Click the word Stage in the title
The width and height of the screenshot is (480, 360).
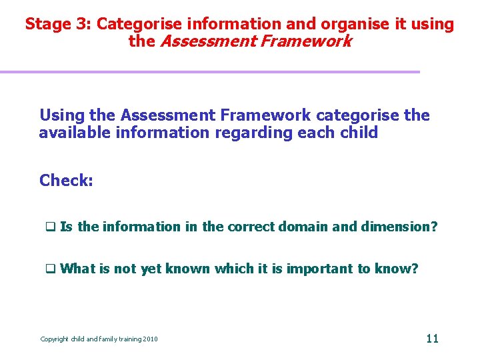point(47,25)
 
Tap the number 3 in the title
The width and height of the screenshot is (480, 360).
point(81,25)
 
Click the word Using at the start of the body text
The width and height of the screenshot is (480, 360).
point(61,115)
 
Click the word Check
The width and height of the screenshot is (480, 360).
point(65,180)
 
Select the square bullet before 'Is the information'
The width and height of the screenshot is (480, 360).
point(49,227)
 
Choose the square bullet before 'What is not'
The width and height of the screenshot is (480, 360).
point(49,269)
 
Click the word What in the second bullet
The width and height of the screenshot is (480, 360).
point(78,269)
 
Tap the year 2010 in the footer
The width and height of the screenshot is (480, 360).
point(150,339)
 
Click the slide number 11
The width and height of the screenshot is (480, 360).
point(432,338)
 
